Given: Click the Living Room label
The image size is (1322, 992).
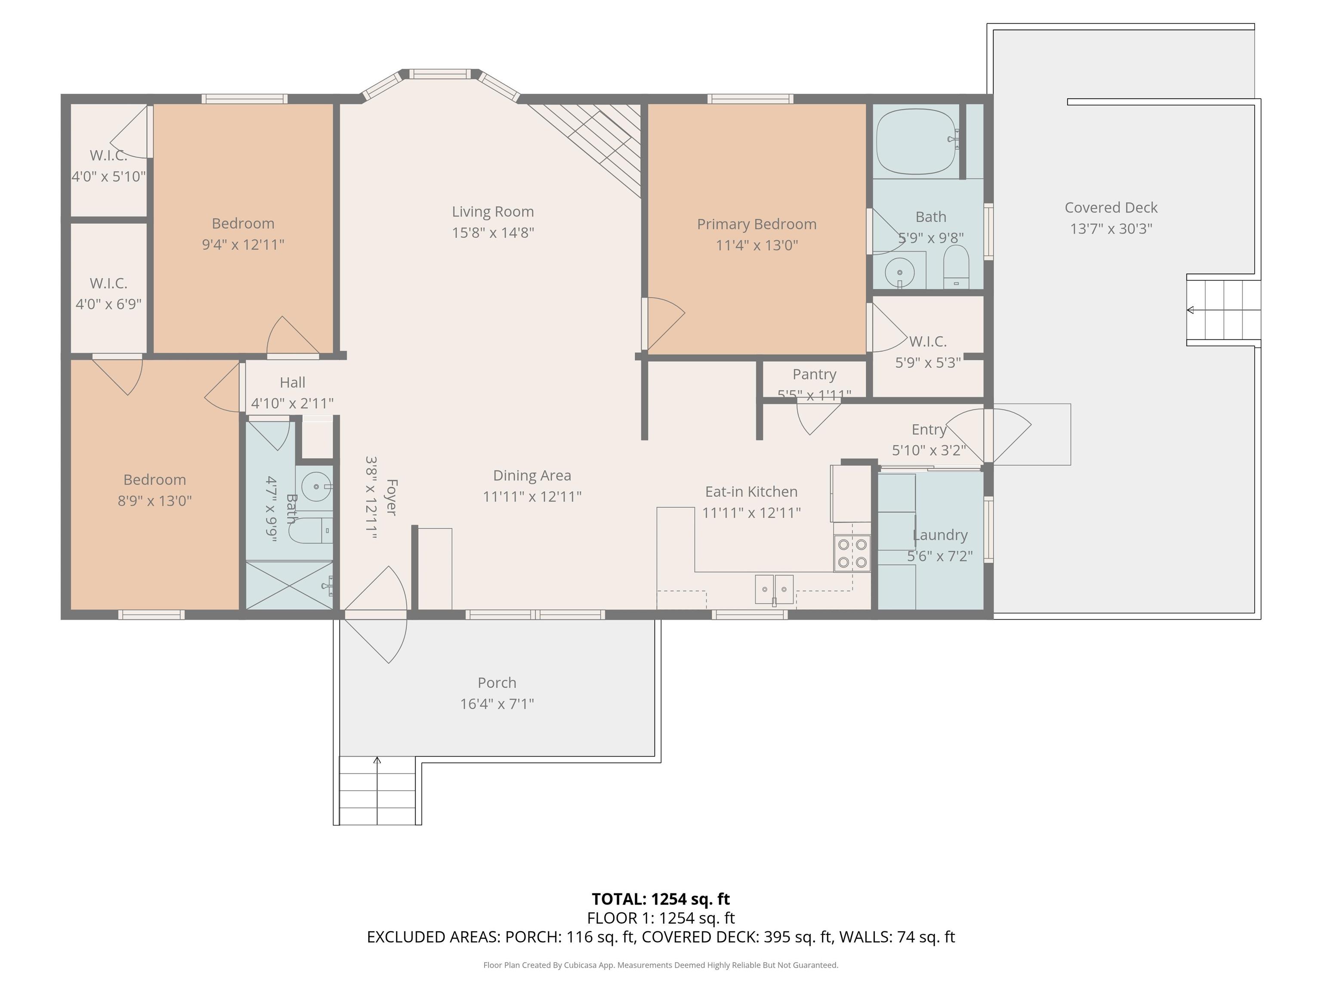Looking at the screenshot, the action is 492,212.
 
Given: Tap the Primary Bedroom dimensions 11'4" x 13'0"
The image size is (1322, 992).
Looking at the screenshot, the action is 757,245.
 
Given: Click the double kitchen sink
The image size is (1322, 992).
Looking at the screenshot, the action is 774,589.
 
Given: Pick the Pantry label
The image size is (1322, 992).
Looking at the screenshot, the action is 814,374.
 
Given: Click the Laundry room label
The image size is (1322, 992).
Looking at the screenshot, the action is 940,535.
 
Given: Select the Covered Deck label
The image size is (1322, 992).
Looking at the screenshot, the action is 1111,208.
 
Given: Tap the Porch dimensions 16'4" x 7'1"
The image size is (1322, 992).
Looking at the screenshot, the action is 497,704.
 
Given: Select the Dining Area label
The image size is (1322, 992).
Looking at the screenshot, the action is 532,475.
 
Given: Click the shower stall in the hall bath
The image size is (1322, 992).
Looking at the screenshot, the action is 289,586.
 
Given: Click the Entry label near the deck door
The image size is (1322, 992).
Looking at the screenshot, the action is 929,429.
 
